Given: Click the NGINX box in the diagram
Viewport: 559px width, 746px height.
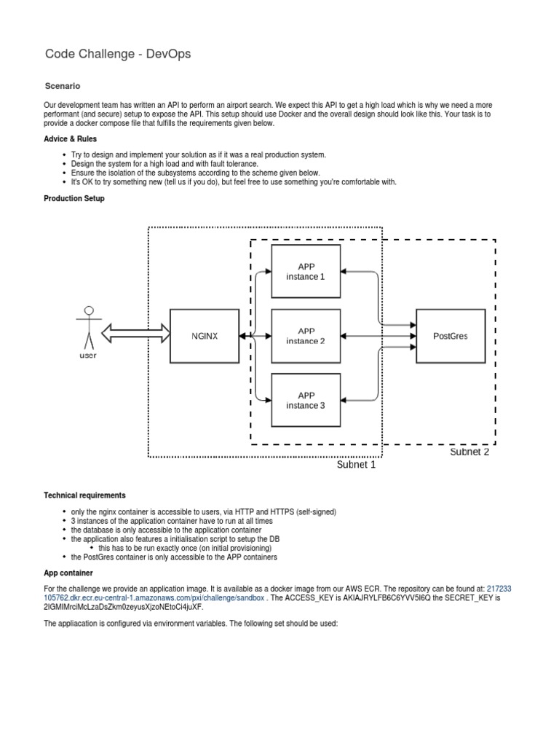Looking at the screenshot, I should click(x=205, y=336).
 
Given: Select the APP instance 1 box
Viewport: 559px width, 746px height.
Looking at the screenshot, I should click(x=306, y=271).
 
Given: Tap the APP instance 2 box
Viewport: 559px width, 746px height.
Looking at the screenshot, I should click(x=306, y=336).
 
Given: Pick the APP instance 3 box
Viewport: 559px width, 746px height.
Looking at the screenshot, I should click(x=306, y=400).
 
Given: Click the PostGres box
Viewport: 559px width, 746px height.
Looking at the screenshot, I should click(x=451, y=336).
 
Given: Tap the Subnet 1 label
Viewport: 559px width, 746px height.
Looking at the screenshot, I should click(x=356, y=465).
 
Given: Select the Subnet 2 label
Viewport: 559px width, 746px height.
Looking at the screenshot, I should click(x=469, y=452).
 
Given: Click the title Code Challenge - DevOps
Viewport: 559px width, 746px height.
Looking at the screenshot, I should click(x=118, y=53).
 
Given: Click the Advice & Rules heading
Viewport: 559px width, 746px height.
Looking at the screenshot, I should click(x=71, y=138).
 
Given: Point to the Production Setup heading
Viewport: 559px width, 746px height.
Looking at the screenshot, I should click(x=74, y=198).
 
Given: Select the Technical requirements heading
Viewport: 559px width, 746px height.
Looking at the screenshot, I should click(x=84, y=495).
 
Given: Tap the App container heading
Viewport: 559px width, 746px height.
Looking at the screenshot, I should click(x=68, y=573).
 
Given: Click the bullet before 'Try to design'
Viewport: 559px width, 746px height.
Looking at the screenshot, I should click(x=65, y=155).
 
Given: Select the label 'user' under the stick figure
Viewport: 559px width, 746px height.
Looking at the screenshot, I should click(x=88, y=356).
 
